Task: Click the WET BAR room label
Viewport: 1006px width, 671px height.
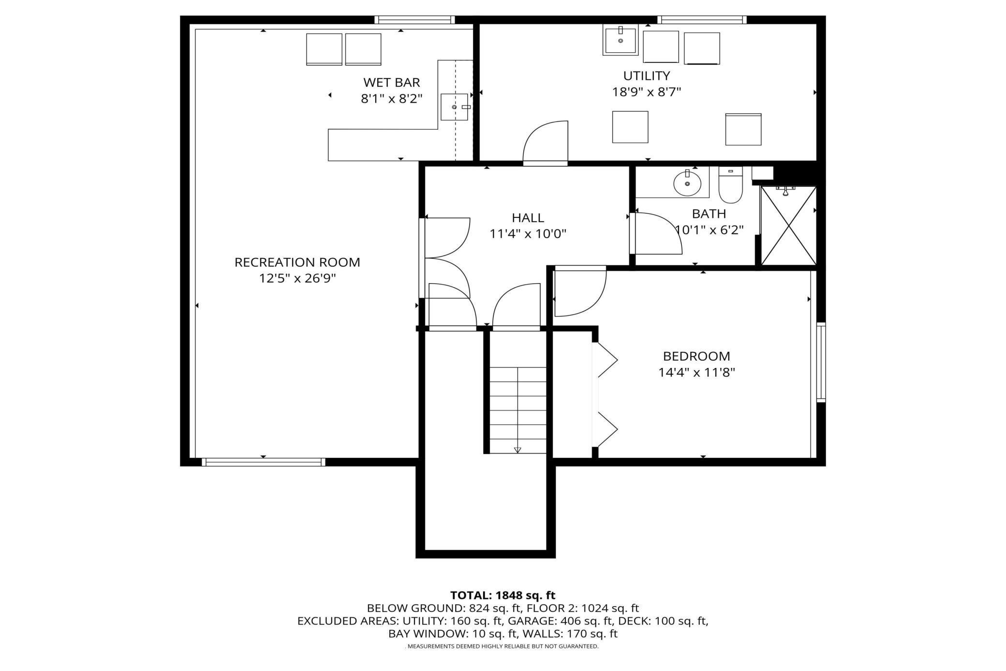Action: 391,82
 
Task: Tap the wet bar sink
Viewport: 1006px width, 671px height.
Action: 454,107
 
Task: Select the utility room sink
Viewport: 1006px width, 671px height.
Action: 621,41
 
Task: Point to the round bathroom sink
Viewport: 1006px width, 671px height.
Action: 687,183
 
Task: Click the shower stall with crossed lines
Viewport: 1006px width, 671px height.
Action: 788,226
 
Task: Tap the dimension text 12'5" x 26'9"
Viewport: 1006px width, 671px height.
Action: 297,278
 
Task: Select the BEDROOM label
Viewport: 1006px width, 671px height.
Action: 696,356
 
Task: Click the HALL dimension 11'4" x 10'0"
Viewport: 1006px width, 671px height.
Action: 528,234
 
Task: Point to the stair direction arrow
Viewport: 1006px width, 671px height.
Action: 518,449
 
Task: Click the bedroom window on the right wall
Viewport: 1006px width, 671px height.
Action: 821,362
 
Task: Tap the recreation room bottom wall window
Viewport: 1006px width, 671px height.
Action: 263,462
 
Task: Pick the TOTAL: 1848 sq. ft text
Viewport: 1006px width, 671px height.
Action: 503,595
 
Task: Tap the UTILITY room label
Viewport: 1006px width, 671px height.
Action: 646,76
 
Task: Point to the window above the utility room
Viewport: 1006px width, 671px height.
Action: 701,20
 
